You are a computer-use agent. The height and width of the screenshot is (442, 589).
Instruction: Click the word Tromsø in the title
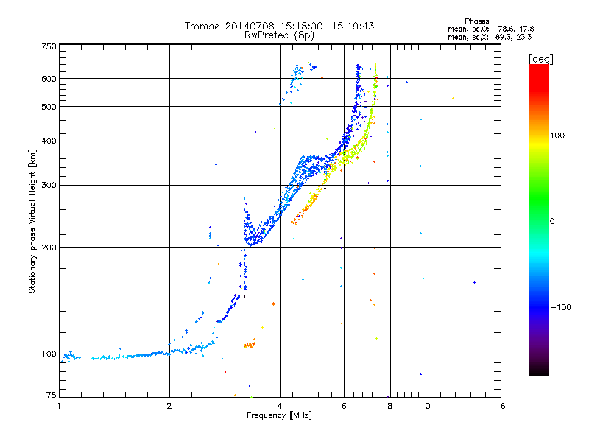[202, 27]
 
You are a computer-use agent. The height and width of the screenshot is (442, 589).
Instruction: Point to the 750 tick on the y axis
[49, 46]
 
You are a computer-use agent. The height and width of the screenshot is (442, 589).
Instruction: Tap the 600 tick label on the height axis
[49, 78]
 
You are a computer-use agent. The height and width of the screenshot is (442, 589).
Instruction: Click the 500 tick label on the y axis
[49, 106]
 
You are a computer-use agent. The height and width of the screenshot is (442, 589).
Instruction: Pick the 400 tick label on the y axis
[49, 141]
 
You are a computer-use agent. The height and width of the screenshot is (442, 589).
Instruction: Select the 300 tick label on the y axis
[49, 185]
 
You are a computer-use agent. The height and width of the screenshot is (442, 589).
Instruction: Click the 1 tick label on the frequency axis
[59, 406]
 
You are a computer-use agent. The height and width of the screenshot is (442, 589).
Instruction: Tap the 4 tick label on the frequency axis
[280, 406]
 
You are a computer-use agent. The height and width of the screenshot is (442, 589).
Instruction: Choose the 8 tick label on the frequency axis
[389, 406]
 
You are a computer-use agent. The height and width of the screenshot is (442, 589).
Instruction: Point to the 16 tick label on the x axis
[500, 406]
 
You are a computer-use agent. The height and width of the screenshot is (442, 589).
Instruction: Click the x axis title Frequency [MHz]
[280, 415]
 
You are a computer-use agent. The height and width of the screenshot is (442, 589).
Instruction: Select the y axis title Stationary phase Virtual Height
[32, 221]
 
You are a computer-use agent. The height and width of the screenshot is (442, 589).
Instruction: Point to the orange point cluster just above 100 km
[249, 344]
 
